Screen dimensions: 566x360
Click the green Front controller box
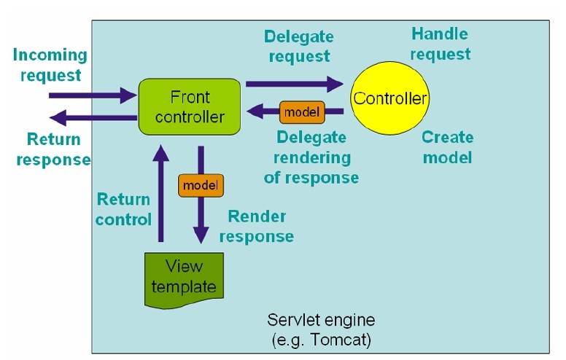[x=190, y=107]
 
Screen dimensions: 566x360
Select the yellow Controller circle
[x=389, y=98]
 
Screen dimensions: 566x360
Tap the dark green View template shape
[x=184, y=281]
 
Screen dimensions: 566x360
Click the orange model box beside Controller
[x=302, y=112]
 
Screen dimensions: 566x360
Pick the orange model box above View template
[x=201, y=185]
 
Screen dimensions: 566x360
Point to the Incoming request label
[x=50, y=65]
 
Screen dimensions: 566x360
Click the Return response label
[x=54, y=149]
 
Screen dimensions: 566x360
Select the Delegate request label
[x=299, y=46]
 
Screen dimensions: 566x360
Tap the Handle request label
[x=441, y=44]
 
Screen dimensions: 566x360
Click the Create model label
[x=448, y=147]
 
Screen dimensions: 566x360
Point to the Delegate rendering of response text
[x=311, y=157]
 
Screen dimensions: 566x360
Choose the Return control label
[x=123, y=209]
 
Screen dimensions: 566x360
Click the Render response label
[x=257, y=226]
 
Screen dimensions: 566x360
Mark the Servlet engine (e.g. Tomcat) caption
[x=321, y=329]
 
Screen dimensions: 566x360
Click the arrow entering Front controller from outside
[x=93, y=95]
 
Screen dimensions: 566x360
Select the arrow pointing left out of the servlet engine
[x=93, y=117]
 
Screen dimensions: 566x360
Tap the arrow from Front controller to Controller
[x=295, y=84]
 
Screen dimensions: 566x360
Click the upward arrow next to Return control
[x=161, y=193]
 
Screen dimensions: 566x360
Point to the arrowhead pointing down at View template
[x=201, y=235]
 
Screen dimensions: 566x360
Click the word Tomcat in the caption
[x=341, y=340]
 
